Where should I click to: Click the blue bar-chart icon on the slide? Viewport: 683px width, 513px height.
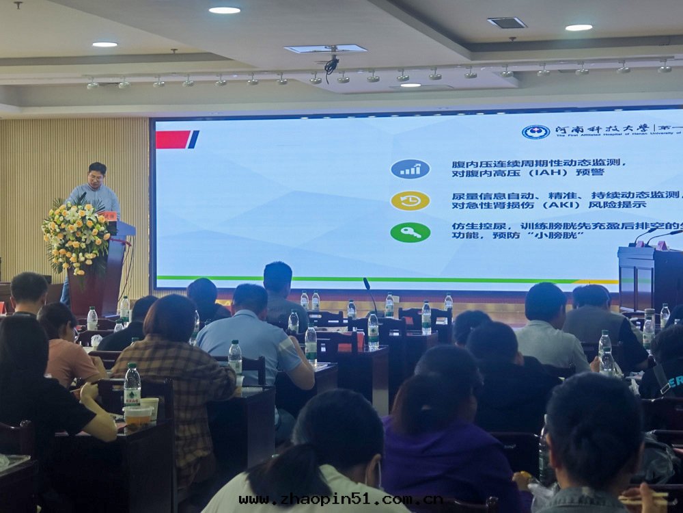click(x=410, y=169)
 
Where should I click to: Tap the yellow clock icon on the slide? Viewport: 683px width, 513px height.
click(x=410, y=200)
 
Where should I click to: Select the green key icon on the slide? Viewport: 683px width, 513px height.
click(x=410, y=233)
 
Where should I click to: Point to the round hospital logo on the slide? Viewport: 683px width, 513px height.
click(x=535, y=132)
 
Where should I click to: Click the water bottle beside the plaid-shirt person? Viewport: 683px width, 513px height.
click(x=132, y=385)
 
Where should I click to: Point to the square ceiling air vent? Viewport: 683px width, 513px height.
click(x=507, y=23)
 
